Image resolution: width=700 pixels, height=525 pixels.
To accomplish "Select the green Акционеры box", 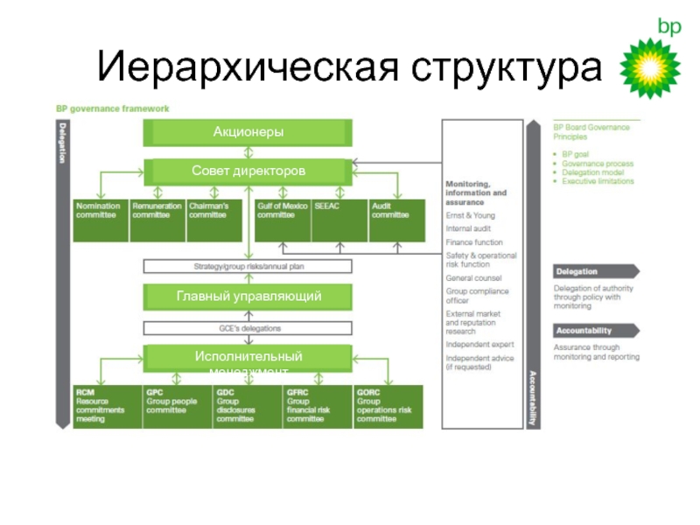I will pos(248,132).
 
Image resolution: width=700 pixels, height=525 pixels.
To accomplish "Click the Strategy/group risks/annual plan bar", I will pos(248,267).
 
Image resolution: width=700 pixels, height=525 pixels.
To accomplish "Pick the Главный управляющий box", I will pos(248,297).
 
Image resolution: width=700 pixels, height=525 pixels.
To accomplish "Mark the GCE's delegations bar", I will pos(248,329).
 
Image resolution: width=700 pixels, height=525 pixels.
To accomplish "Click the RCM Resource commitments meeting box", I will pos(104,406).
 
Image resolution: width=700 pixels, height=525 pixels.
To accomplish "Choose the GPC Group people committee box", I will pos(175,406).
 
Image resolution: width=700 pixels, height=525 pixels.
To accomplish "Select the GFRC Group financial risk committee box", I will pos(315,406).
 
